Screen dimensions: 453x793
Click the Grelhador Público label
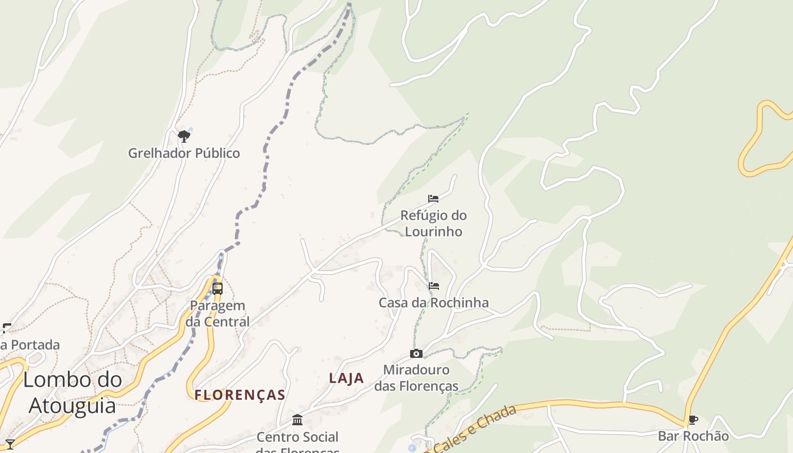click(x=184, y=153)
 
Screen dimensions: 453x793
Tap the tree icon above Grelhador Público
click(x=184, y=136)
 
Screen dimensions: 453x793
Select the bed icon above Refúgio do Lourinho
click(x=433, y=199)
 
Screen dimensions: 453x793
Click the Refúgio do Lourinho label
click(x=433, y=223)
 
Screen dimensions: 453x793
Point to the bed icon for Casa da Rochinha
click(x=434, y=286)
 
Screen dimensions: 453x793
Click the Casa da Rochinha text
click(x=433, y=302)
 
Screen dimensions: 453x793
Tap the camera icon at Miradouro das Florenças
click(x=416, y=354)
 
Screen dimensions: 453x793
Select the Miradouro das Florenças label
click(x=416, y=378)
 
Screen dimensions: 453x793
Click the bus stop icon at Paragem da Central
click(x=218, y=289)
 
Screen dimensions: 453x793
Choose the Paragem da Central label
click(x=218, y=313)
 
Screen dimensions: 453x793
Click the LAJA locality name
click(x=347, y=378)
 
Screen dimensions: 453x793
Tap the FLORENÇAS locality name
click(x=240, y=395)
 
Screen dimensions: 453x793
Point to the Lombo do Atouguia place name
click(x=73, y=392)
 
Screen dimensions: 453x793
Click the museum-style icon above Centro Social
click(x=297, y=420)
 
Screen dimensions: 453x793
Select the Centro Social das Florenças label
click(x=297, y=442)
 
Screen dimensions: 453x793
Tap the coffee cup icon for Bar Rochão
click(x=693, y=420)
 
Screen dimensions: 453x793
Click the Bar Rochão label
click(x=693, y=436)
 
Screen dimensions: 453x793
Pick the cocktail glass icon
click(x=10, y=444)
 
